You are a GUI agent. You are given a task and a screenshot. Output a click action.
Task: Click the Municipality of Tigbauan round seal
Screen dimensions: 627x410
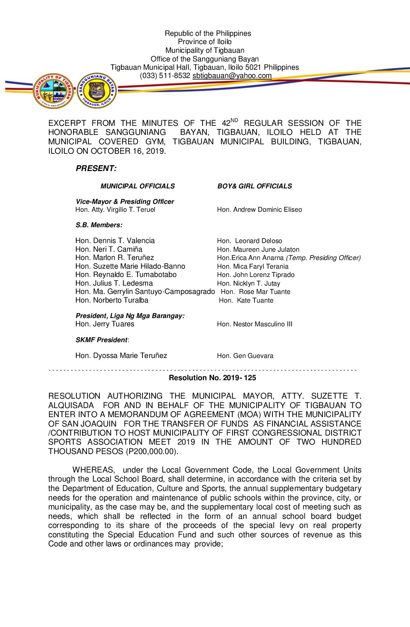tap(53, 91)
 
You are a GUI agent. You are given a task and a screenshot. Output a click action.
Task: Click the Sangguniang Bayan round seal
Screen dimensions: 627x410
tap(97, 90)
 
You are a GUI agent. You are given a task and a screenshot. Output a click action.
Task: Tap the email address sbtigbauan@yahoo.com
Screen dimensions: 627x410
tap(232, 76)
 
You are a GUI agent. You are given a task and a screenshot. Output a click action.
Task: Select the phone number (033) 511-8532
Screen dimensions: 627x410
tap(165, 76)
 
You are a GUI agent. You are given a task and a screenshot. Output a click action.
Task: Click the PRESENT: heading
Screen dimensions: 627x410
tap(96, 168)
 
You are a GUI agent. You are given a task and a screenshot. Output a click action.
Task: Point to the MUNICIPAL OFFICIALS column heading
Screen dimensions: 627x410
tap(138, 186)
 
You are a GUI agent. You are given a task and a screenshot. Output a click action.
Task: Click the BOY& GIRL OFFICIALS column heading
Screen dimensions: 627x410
tap(254, 186)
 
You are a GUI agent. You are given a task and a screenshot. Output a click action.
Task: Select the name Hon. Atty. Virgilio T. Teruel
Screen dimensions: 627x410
tap(115, 210)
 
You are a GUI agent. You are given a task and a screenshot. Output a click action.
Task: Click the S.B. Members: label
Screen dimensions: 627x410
tap(99, 225)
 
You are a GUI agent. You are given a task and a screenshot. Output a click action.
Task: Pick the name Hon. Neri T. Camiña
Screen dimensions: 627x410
tap(109, 249)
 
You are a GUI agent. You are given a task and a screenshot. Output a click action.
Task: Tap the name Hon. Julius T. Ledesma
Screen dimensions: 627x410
tap(114, 283)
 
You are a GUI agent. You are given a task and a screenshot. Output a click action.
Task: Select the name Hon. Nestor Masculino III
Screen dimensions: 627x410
tap(254, 324)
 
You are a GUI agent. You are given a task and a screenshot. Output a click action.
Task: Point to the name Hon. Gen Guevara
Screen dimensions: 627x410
tap(245, 356)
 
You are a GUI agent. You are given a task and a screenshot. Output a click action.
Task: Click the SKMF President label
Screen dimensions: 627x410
tap(102, 340)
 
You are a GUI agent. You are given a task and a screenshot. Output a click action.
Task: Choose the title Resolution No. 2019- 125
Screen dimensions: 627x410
tap(212, 378)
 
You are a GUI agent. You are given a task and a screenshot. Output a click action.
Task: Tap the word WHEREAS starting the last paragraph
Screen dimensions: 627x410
tap(93, 470)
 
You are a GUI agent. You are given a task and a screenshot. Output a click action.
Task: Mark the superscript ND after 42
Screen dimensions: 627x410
tap(234, 121)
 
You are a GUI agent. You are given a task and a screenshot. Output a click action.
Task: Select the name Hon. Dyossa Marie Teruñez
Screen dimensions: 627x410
tap(121, 355)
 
